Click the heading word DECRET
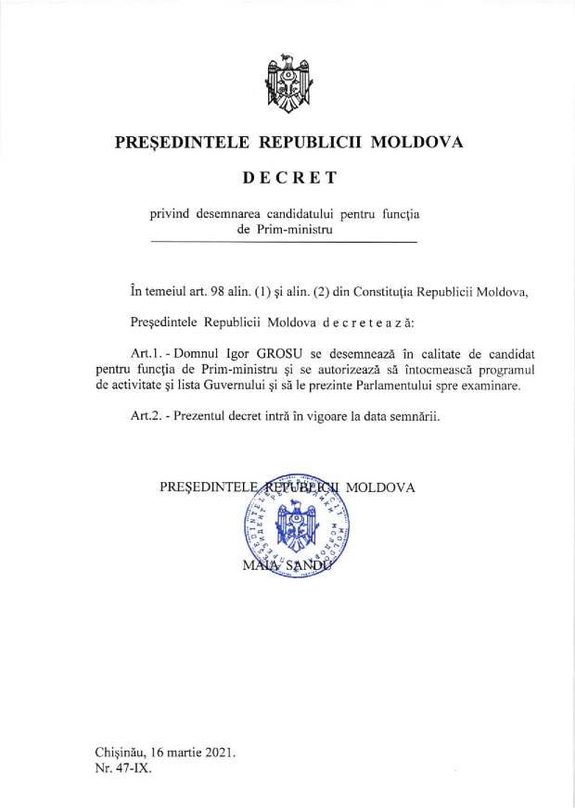[x=287, y=176]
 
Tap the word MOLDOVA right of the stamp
[x=380, y=487]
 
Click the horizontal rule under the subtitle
[x=283, y=242]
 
